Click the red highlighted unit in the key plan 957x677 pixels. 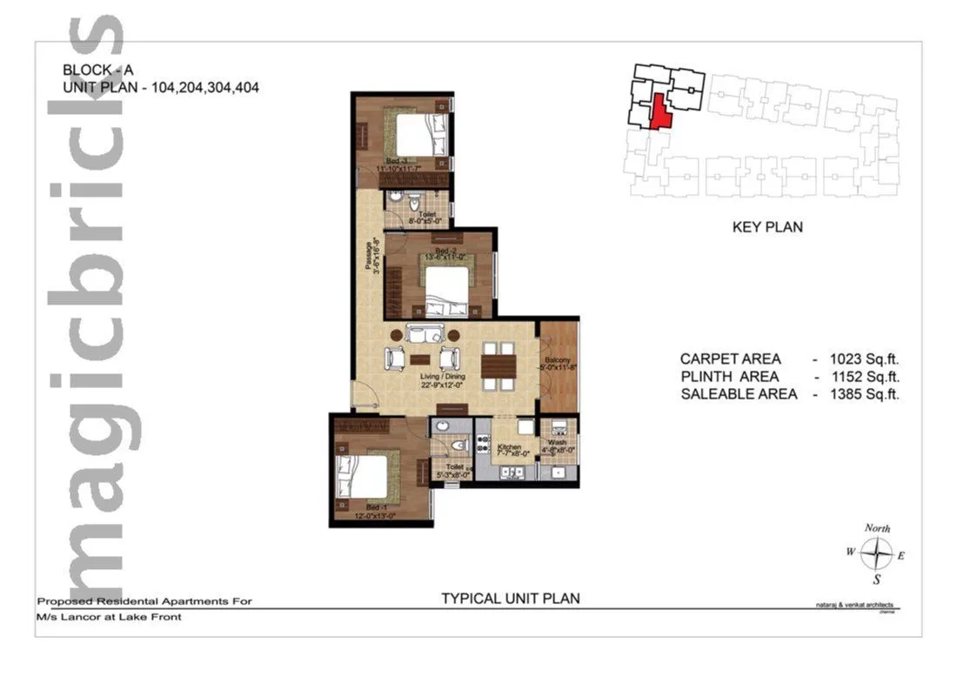pos(661,111)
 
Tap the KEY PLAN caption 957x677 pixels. pos(766,227)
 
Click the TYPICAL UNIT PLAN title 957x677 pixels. pos(510,599)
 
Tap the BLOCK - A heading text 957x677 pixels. pos(97,70)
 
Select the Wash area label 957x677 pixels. pos(558,442)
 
